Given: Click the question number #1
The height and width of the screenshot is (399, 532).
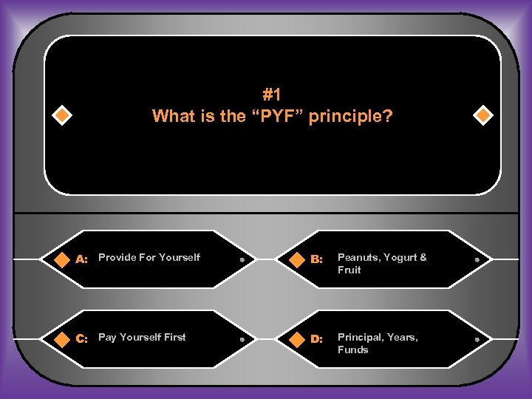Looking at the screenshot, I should [x=272, y=95].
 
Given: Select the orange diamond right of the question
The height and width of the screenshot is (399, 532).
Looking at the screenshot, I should [x=482, y=115].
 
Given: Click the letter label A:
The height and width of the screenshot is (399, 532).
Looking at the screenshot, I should [x=82, y=259].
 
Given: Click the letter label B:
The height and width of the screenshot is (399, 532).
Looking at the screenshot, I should [x=316, y=259].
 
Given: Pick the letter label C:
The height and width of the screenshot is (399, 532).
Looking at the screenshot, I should [x=82, y=338].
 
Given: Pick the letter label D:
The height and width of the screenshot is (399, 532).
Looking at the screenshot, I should [x=316, y=338].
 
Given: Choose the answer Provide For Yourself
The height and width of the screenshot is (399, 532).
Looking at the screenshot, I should [x=149, y=257].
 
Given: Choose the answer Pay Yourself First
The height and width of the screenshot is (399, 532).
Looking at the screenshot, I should [x=142, y=337].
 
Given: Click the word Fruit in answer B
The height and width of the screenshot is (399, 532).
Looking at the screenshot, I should [x=349, y=270].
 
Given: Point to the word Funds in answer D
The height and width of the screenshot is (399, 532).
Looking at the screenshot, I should [x=352, y=349].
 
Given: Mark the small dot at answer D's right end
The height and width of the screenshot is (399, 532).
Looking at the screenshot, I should [x=477, y=339].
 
